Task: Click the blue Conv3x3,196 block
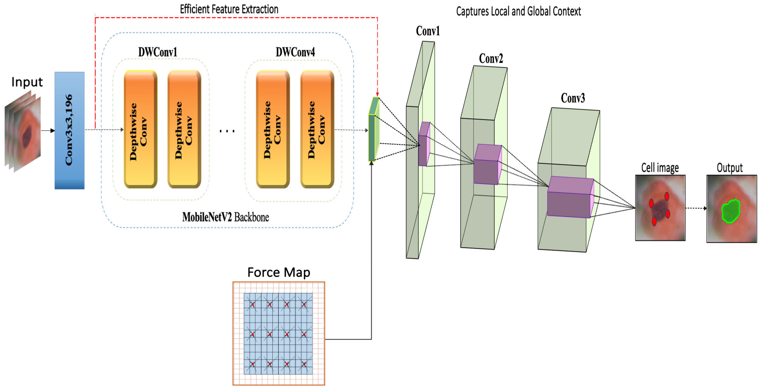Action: tap(69, 130)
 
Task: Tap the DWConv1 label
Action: tap(158, 52)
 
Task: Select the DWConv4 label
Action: tap(295, 52)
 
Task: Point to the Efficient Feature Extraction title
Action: tap(229, 9)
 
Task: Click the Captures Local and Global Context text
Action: tap(518, 11)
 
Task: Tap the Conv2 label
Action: tap(491, 59)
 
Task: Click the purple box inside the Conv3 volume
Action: tap(570, 198)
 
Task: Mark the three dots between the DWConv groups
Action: tap(227, 131)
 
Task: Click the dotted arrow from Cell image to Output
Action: tap(696, 208)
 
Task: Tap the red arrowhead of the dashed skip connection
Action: tap(377, 94)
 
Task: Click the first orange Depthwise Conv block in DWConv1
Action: tap(140, 129)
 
